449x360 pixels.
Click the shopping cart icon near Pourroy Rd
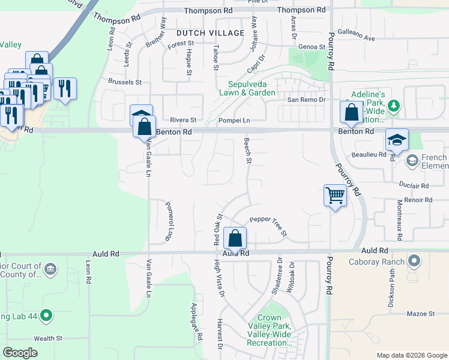point(334,195)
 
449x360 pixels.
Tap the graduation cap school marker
point(397,140)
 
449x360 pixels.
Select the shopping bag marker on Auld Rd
point(235,238)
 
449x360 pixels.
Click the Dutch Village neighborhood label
point(211,33)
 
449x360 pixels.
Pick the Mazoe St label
point(420,314)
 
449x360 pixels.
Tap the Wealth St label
point(47,338)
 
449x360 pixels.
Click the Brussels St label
point(124,82)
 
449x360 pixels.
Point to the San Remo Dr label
point(306,100)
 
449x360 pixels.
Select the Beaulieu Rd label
point(370,154)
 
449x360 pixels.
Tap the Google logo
point(20,353)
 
